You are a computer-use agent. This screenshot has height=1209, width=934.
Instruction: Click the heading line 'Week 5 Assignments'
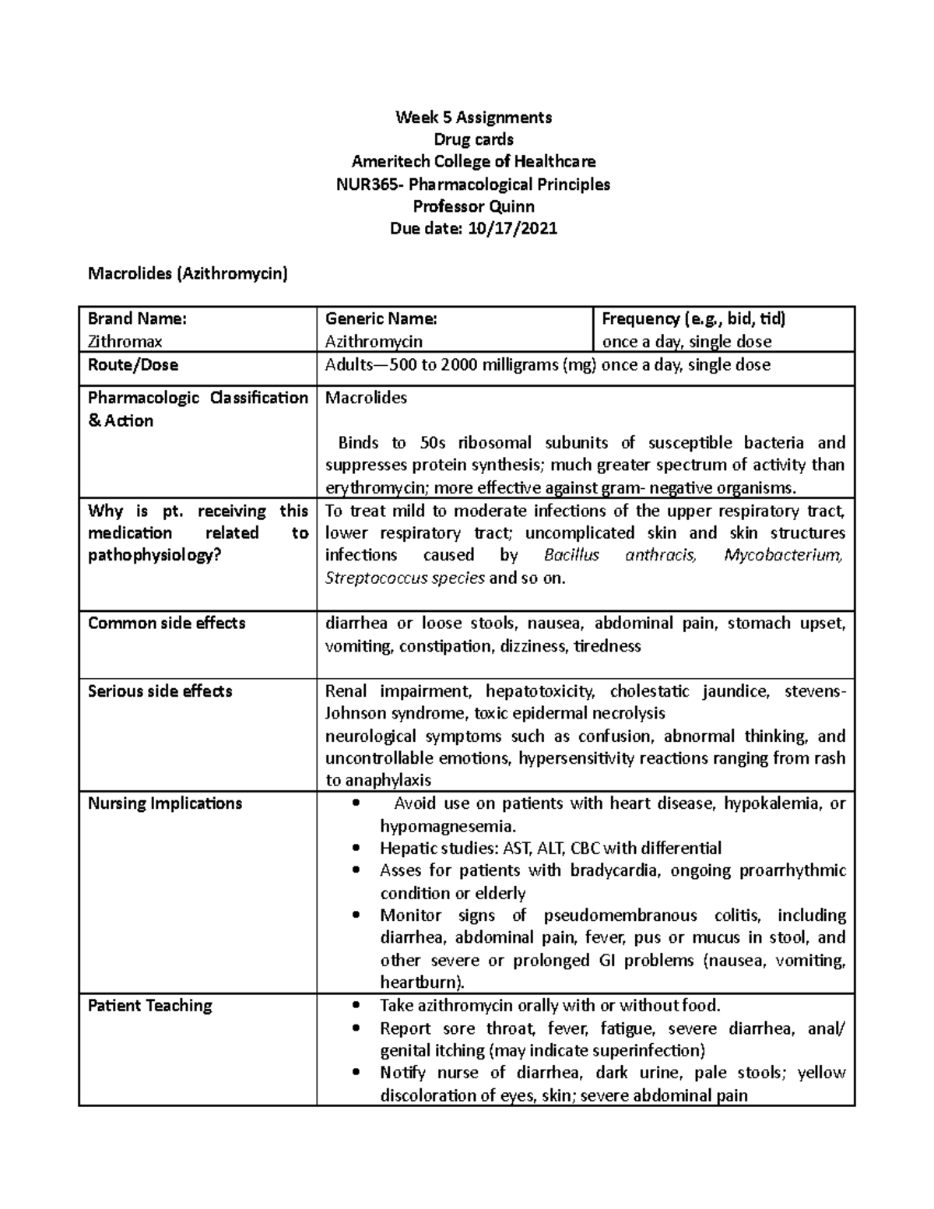coord(473,118)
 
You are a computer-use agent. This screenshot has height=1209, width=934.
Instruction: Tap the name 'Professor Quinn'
coord(473,206)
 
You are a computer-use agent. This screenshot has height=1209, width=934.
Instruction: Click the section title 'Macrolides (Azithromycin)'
coord(188,273)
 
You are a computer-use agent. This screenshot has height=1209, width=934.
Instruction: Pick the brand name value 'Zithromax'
coord(125,341)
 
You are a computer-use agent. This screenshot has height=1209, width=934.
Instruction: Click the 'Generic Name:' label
coord(381,318)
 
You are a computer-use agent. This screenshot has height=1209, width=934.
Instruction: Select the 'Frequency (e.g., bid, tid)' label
coord(693,318)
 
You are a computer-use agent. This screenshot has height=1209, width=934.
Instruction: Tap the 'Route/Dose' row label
coord(132,364)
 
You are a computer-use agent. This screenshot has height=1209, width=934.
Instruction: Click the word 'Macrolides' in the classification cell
coord(366,398)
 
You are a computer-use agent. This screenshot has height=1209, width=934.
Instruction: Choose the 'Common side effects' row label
coord(167,623)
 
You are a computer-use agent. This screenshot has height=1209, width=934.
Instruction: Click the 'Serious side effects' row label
coord(160,691)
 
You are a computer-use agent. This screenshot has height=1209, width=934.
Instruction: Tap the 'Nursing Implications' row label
coord(165,803)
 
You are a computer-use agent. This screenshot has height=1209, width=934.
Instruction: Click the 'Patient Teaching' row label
coord(149,1005)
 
